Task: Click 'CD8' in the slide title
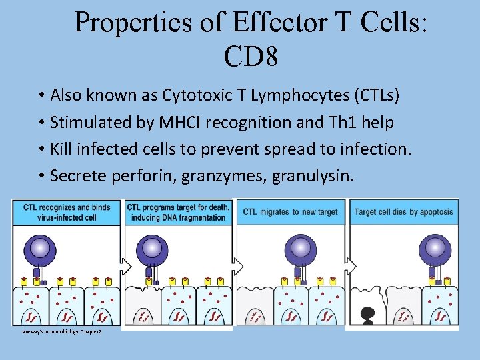[x=251, y=57]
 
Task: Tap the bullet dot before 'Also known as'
[x=41, y=95]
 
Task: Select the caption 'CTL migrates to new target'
[x=290, y=212]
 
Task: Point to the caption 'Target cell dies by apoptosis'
[x=403, y=212]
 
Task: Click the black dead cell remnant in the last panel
[x=366, y=313]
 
